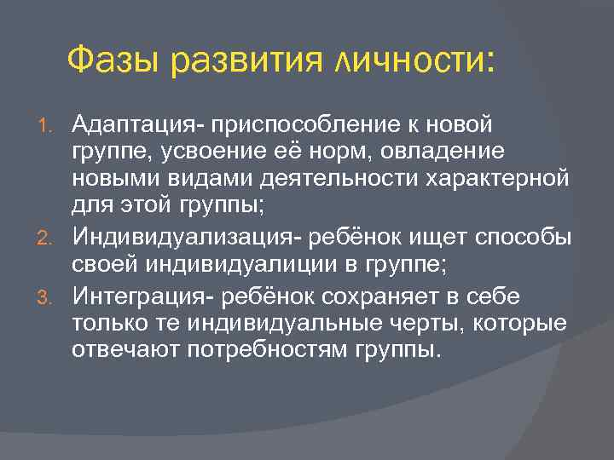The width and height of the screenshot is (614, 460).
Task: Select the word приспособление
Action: [291, 126]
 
